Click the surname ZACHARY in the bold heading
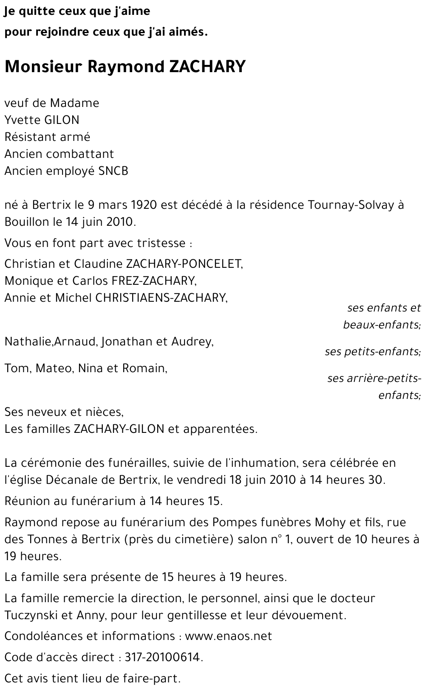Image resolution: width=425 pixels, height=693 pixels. tap(207, 67)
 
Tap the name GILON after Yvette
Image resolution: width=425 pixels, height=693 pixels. tap(62, 120)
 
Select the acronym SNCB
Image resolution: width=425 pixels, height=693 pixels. tap(113, 171)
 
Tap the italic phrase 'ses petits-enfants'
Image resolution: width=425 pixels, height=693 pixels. tap(372, 351)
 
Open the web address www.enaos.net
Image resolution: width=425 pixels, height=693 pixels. tap(228, 636)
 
